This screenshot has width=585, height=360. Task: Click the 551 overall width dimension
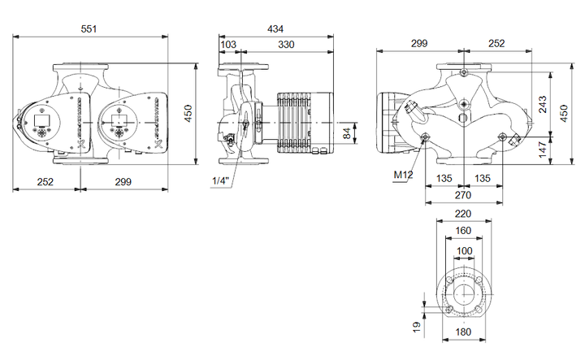click(89, 28)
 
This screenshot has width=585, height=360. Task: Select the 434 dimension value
click(275, 28)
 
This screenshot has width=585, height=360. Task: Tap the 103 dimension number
click(228, 45)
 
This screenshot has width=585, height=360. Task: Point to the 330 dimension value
click(286, 45)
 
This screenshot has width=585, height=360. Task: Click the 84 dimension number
click(348, 133)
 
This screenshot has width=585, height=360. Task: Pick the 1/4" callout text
click(220, 181)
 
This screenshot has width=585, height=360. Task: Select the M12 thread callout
click(403, 174)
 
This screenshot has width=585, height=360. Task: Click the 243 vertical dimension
click(543, 104)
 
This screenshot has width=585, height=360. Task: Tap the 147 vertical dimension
click(543, 150)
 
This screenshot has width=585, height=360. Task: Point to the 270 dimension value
click(463, 195)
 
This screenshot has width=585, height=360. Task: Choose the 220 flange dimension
click(463, 214)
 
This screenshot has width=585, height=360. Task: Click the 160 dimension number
click(463, 231)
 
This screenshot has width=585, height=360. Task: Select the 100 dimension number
click(464, 250)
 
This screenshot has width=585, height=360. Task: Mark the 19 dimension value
click(417, 327)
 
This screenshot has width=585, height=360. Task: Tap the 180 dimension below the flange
click(463, 332)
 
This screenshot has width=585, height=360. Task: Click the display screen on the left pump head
click(40, 120)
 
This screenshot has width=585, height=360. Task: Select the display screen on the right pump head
click(115, 120)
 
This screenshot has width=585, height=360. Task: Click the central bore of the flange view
click(464, 294)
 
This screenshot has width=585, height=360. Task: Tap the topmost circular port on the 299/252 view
click(464, 72)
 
